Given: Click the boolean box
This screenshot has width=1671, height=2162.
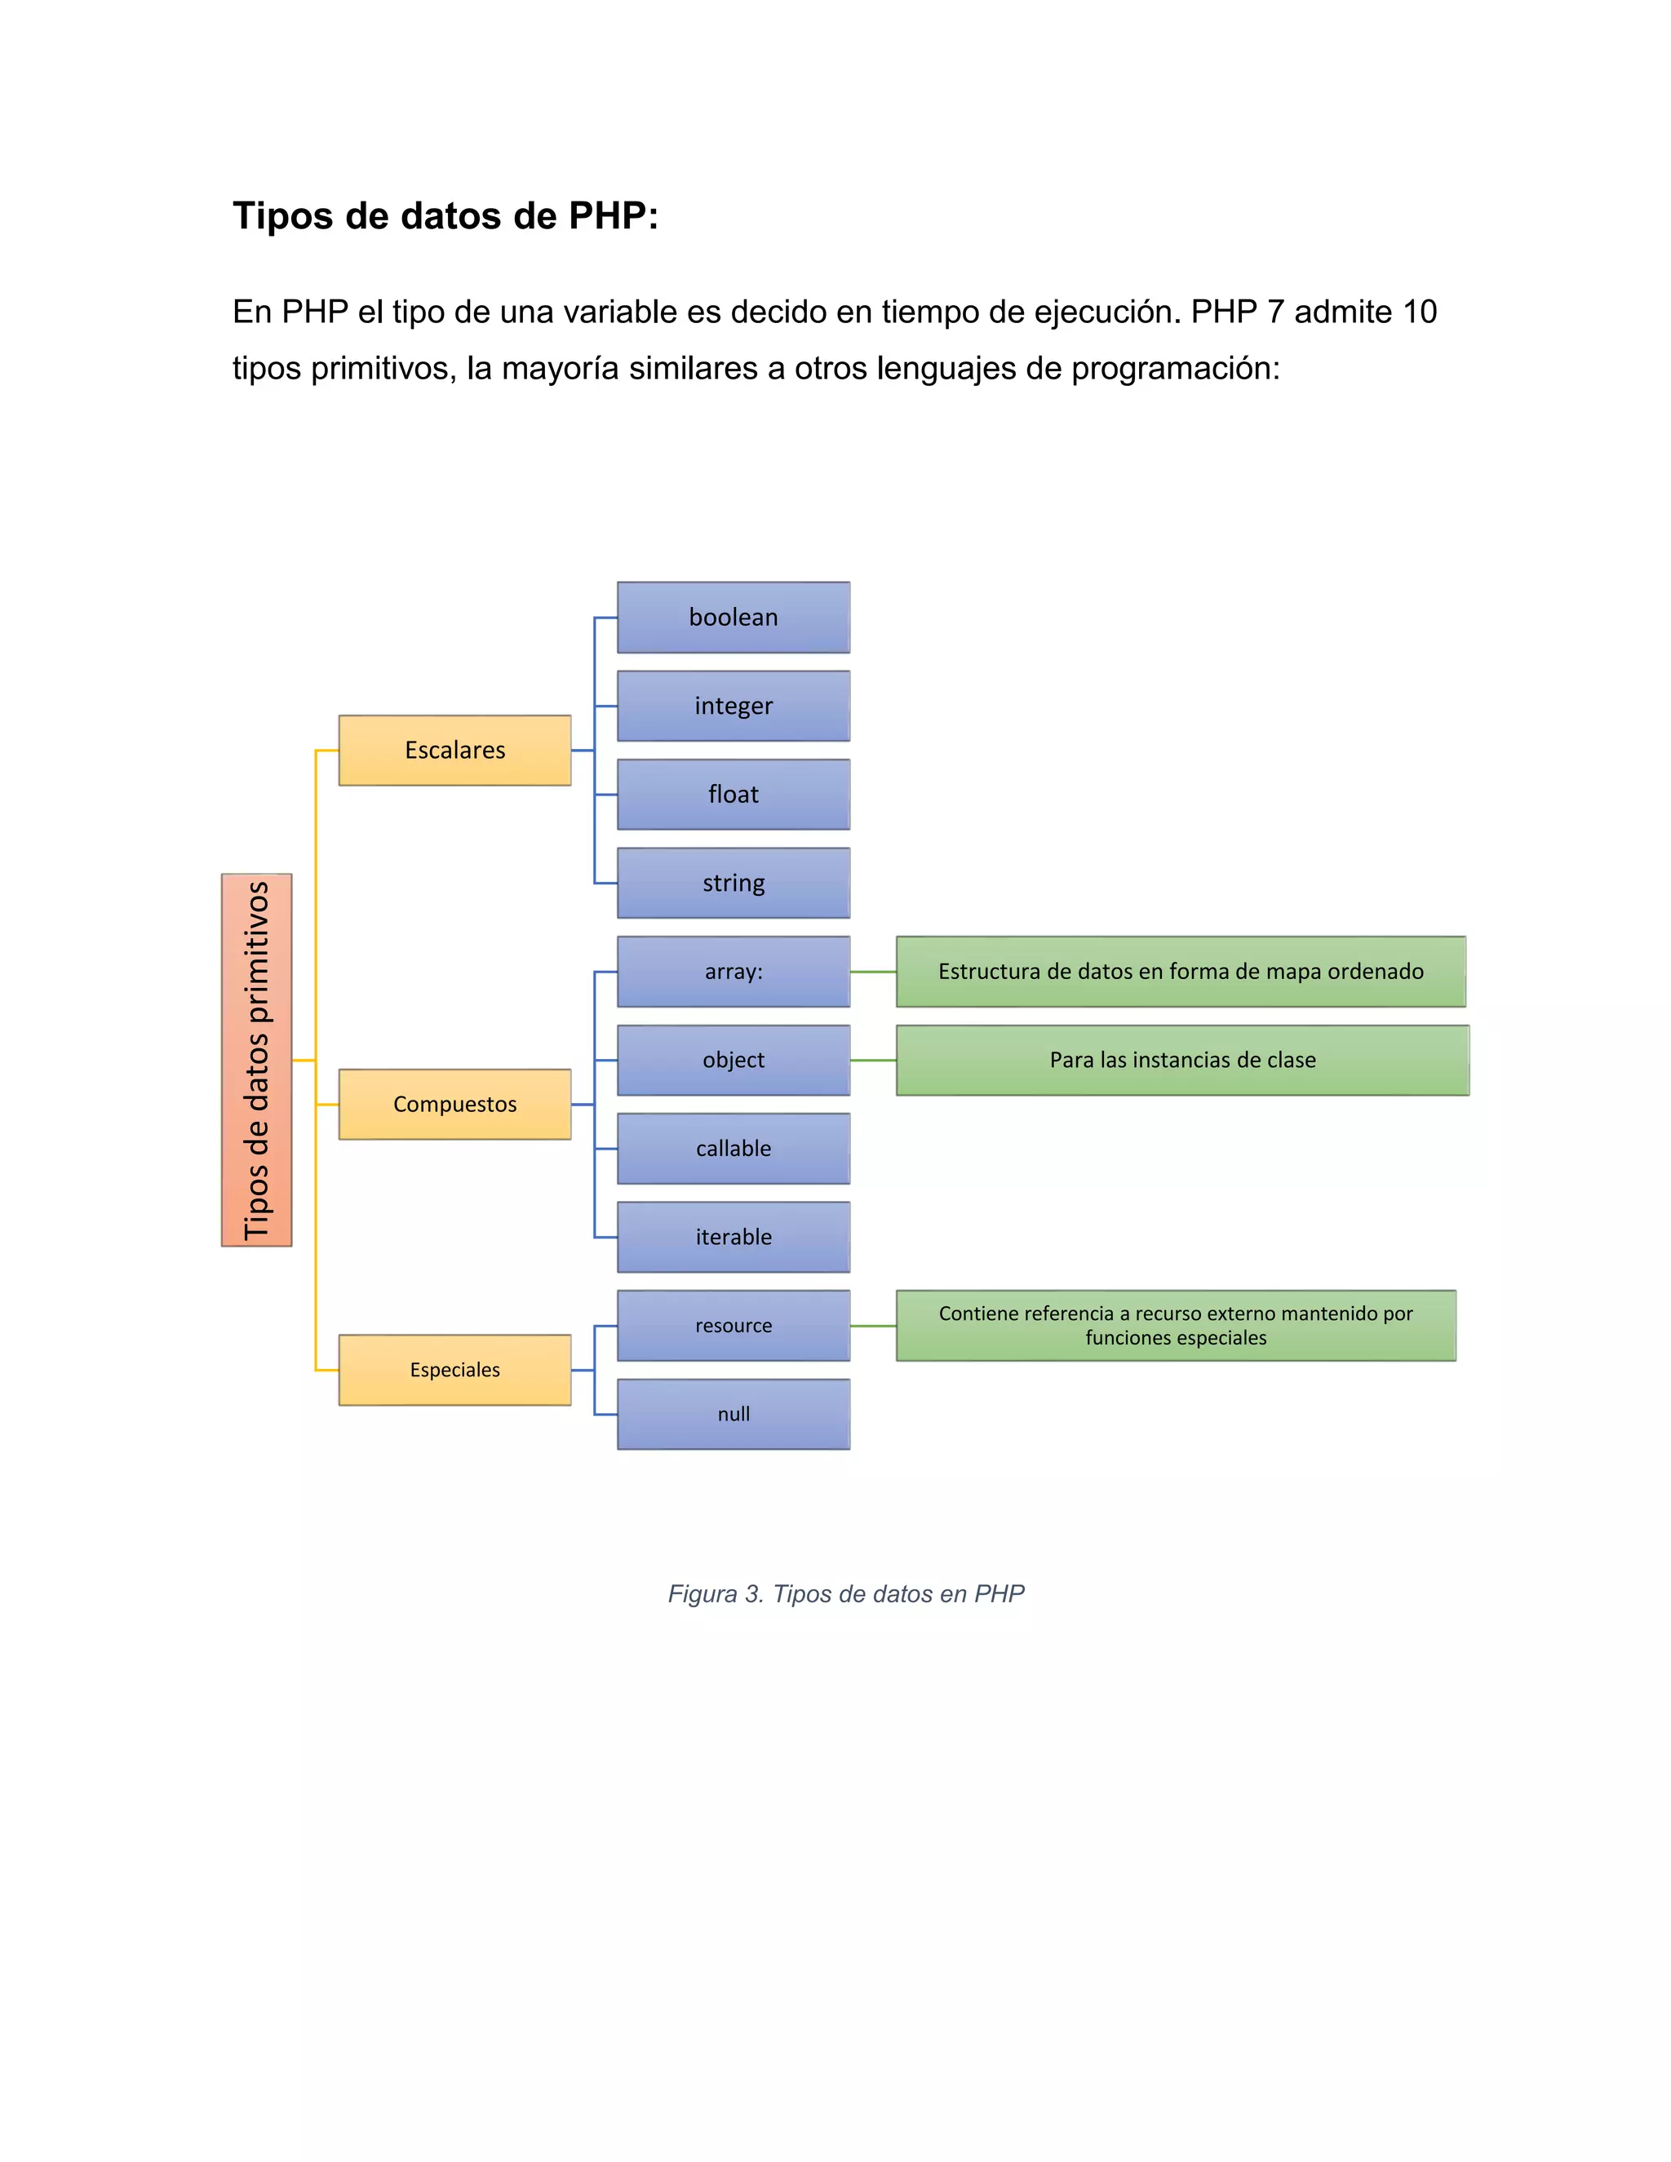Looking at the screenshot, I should (x=733, y=618).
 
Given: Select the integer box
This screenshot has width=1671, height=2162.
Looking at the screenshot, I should (x=733, y=706).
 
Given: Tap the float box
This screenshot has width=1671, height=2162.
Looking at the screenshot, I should (x=733, y=794).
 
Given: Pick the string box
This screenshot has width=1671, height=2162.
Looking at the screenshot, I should (x=733, y=883).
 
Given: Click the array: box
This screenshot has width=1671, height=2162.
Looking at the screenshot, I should (x=733, y=971).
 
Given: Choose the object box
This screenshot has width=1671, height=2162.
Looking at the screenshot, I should (x=733, y=1061).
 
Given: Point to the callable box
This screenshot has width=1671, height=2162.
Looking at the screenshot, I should (x=733, y=1149).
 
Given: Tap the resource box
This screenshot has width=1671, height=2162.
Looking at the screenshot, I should (x=733, y=1326).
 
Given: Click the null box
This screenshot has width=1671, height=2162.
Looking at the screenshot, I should (x=733, y=1414).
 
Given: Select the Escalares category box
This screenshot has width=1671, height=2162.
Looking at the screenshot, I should (x=454, y=751).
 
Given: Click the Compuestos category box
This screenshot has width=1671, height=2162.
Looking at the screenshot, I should (x=454, y=1105).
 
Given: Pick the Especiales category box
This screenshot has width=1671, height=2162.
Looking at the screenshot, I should (x=454, y=1370).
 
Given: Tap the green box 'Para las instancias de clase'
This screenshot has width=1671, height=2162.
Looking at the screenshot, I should (x=1182, y=1061).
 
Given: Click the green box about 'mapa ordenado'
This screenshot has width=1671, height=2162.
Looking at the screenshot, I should (x=1180, y=971).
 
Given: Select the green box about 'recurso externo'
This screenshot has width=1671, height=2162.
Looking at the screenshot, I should (x=1175, y=1326).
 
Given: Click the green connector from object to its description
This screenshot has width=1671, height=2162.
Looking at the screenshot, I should (x=873, y=1061).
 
